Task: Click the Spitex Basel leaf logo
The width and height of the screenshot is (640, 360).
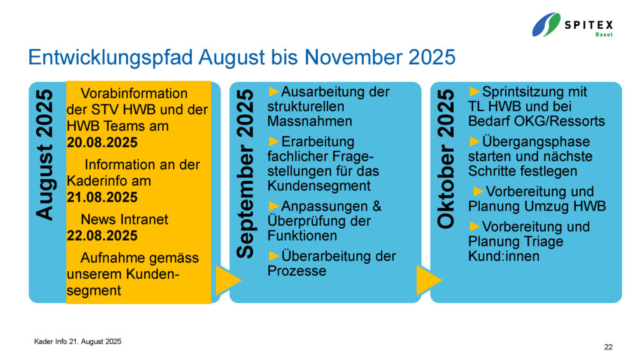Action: (x=546, y=24)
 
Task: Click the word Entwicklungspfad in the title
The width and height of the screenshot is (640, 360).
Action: (x=110, y=57)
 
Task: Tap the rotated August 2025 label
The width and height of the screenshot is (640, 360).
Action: (x=44, y=155)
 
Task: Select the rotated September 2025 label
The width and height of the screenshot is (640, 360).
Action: (x=245, y=174)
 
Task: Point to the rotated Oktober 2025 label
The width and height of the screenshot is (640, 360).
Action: (x=446, y=159)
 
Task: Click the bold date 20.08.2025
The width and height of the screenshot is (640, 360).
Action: (x=102, y=142)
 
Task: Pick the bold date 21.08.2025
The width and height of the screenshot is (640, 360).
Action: (x=102, y=197)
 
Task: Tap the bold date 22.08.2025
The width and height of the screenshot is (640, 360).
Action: (x=102, y=236)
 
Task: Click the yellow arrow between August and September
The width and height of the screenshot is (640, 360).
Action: (x=227, y=281)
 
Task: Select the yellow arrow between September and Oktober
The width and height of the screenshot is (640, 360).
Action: (x=429, y=281)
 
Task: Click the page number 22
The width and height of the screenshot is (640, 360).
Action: (x=608, y=347)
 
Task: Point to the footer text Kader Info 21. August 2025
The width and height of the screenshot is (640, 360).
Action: (x=77, y=342)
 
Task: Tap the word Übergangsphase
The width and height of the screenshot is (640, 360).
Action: (x=536, y=142)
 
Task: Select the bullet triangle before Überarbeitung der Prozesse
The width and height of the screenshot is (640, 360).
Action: (x=274, y=256)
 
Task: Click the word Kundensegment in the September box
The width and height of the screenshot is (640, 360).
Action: (x=319, y=186)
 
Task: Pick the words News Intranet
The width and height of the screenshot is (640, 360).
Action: (x=124, y=219)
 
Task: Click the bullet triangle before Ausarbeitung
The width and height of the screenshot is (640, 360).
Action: (x=274, y=91)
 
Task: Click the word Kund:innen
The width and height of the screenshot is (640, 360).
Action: (x=504, y=256)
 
